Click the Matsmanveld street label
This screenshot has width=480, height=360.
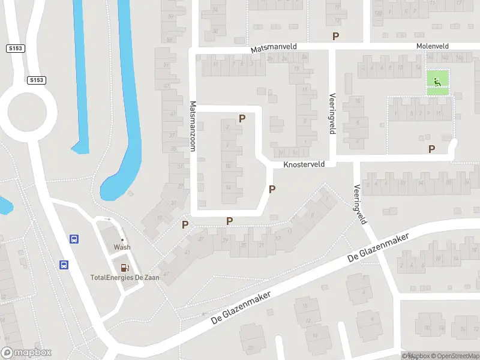point(273,46)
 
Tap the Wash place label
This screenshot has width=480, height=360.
point(122,247)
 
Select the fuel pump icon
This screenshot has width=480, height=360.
point(124,268)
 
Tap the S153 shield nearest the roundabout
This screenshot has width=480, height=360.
point(36,80)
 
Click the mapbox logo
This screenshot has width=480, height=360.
point(26,353)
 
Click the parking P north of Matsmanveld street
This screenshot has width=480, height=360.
point(335,36)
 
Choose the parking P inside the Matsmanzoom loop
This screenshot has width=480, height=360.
point(242,119)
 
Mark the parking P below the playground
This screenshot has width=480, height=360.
point(431,149)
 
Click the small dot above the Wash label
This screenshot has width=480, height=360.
point(122,240)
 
